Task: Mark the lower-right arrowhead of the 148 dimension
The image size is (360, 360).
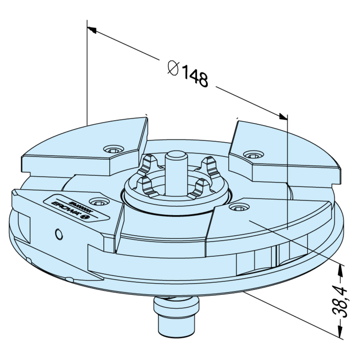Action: coord(283,117)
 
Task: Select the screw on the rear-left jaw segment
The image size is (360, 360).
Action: coord(113,150)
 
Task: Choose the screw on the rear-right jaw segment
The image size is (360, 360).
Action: coord(252,153)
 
